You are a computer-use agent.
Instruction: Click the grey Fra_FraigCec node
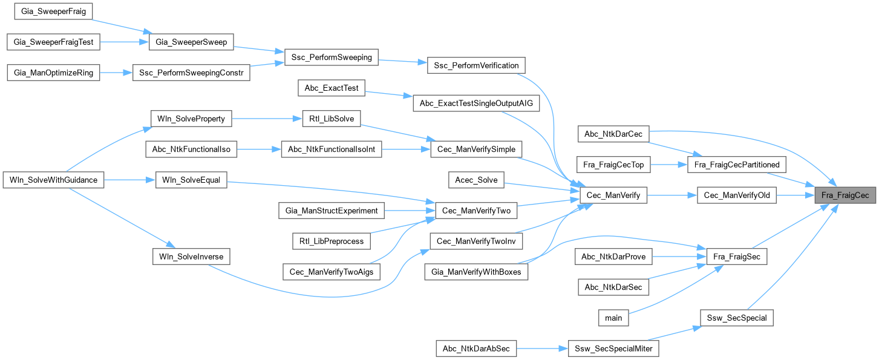point(845,195)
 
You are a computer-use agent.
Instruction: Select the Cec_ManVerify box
point(613,195)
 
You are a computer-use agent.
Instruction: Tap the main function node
point(613,317)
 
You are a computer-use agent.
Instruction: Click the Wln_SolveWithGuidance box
point(54,180)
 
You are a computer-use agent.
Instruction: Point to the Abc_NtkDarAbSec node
point(476,349)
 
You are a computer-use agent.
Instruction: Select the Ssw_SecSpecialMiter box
point(613,349)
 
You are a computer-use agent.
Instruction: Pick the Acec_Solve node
point(477,180)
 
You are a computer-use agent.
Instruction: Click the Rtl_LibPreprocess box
point(331,241)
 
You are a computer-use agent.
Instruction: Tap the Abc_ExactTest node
point(332,88)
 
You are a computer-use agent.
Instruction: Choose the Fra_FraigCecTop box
point(613,164)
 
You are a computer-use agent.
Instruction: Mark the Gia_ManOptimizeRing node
point(53,73)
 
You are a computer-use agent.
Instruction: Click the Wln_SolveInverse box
point(191,257)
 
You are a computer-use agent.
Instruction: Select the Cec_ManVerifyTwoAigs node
point(332,272)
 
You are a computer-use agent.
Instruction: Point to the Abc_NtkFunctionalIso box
point(192,149)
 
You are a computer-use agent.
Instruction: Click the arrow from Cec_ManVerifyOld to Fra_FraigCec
point(795,195)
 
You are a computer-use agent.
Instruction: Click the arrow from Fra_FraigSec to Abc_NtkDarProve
point(674,257)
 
